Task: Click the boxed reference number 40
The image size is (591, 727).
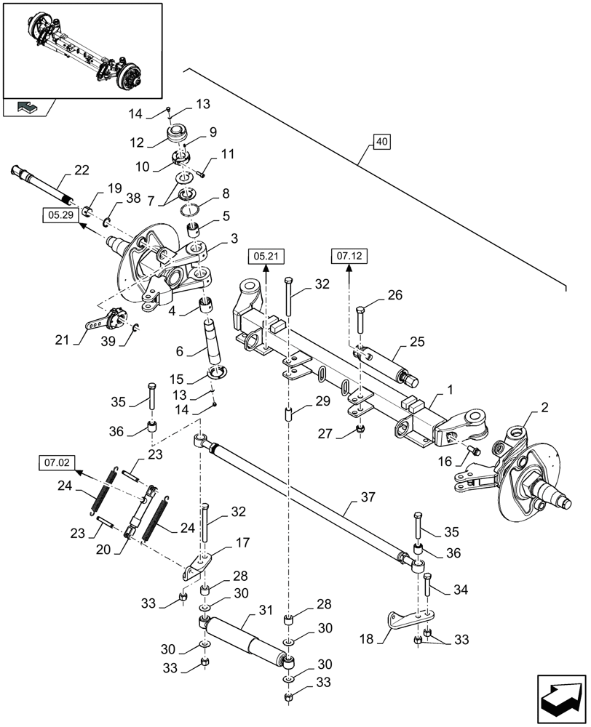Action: tap(383, 142)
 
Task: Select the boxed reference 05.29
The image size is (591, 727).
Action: tap(57, 216)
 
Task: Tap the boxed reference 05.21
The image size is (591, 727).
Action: tap(267, 256)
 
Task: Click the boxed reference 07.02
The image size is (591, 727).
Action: tap(56, 461)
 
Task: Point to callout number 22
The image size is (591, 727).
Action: tap(81, 170)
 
